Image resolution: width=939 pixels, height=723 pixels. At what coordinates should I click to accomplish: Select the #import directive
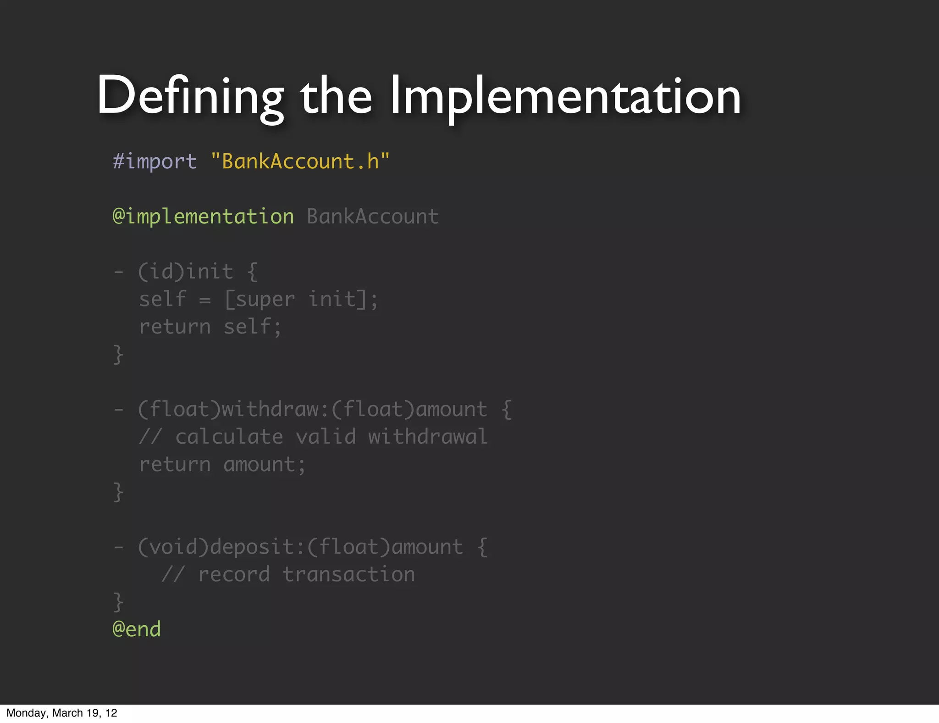point(155,161)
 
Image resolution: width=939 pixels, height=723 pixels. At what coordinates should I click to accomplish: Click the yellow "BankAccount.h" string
point(300,161)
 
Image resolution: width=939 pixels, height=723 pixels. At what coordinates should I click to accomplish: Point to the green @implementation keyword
point(203,217)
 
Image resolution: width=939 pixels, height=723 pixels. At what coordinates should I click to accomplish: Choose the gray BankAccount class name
point(372,217)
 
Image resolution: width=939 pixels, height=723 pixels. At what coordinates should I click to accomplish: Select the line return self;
point(210,327)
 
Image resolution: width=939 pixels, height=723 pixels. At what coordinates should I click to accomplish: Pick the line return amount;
point(222,465)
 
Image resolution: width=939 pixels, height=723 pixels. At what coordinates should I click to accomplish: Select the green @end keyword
point(137,629)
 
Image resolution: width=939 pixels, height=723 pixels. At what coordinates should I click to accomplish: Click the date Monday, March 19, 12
point(62,713)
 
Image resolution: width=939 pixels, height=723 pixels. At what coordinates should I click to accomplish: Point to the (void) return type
point(173,547)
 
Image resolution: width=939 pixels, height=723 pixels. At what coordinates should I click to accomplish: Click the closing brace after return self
point(118,355)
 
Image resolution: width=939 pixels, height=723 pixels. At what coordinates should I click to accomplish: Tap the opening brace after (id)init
point(252,272)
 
